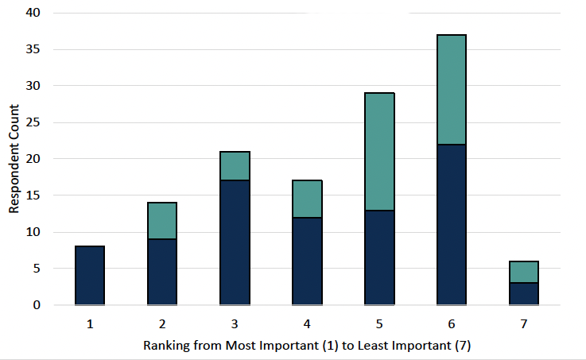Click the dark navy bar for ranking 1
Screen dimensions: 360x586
(90, 276)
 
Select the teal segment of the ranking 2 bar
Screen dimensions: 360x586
(162, 221)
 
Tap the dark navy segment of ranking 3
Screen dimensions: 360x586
(235, 242)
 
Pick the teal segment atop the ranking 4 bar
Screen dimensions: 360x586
(307, 199)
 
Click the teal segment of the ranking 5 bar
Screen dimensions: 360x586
(379, 152)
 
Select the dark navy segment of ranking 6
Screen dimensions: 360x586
(452, 224)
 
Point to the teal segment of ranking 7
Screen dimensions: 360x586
(524, 272)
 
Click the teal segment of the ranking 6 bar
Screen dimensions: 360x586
(452, 90)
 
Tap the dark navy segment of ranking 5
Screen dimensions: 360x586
(379, 257)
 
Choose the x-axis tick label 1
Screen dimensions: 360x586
(90, 324)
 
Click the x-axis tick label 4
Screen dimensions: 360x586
(307, 324)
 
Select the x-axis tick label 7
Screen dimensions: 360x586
(524, 324)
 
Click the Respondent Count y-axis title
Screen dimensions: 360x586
(14, 159)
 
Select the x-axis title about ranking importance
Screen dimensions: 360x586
(307, 346)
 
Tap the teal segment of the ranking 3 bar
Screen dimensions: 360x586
(235, 166)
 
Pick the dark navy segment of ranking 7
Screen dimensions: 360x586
(524, 294)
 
